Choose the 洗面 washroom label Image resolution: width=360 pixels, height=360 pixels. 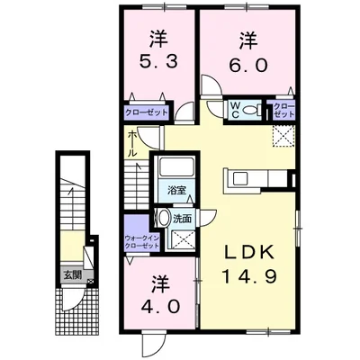coord(183,218)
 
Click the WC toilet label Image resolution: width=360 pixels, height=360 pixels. coord(234,110)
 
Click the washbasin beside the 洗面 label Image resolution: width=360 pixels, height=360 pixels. coord(163,219)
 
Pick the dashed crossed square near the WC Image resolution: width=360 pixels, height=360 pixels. coord(287,136)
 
